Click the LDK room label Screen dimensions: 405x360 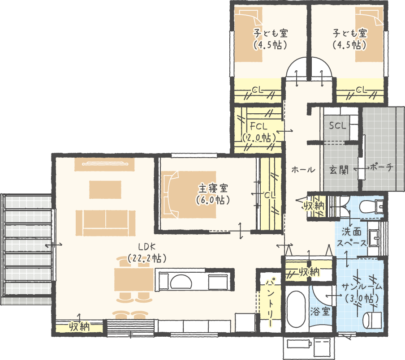click(x=146, y=247)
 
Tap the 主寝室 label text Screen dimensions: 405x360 click(x=213, y=189)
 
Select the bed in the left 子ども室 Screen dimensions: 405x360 click(x=249, y=34)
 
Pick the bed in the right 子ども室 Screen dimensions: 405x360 click(x=369, y=34)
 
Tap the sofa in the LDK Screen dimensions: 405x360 click(x=105, y=223)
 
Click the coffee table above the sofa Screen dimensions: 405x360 click(x=105, y=189)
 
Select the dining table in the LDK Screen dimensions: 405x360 click(x=134, y=280)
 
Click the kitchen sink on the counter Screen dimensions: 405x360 click(x=181, y=281)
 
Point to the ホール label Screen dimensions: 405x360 click(x=303, y=170)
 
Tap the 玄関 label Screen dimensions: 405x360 click(x=339, y=170)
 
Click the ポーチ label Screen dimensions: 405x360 click(x=382, y=167)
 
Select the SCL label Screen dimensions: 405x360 click(x=337, y=126)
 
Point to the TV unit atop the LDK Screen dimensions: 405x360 click(x=104, y=164)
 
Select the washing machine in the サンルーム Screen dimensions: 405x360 click(x=372, y=320)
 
